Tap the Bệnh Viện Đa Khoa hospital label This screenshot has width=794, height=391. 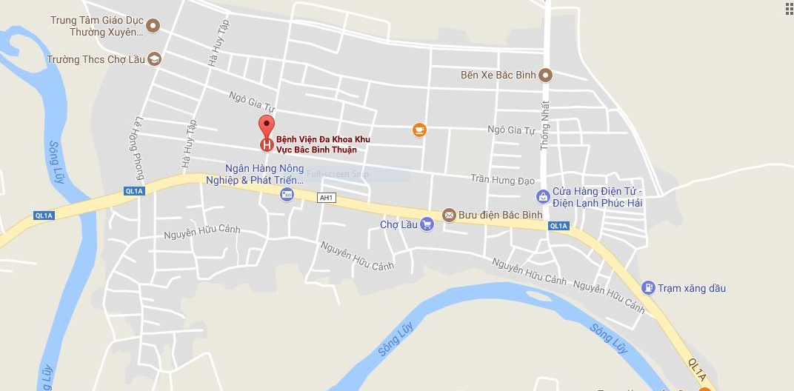323,144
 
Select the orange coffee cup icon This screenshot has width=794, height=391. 419,130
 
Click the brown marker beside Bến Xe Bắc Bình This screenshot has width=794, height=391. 546,75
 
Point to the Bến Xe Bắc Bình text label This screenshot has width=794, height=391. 498,75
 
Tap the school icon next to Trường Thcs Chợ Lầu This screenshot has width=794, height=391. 154,59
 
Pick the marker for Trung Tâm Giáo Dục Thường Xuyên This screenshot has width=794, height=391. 153,26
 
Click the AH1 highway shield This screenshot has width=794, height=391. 326,198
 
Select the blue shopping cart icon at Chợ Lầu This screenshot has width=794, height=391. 427,224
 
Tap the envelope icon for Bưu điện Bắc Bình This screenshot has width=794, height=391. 449,215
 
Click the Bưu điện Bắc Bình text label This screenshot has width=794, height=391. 501,215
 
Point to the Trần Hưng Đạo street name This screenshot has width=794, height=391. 502,178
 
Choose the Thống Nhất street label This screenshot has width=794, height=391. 545,126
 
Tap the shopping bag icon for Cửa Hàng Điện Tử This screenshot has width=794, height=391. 544,196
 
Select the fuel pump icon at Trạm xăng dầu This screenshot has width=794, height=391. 648,287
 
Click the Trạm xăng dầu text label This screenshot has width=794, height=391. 692,288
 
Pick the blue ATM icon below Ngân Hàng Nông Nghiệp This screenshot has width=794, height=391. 287,194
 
